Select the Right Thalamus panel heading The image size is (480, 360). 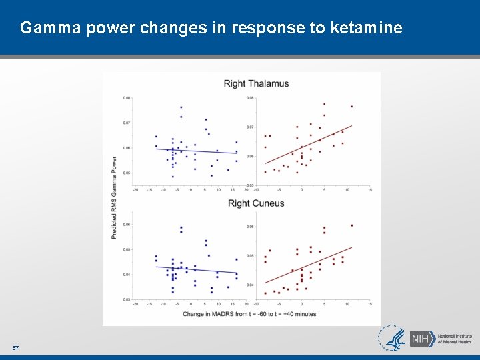(256, 83)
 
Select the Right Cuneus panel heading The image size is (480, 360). (256, 203)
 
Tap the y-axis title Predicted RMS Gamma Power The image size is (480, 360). (114, 198)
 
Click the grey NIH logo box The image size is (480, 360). (421, 339)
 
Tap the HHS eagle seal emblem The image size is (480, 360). (393, 338)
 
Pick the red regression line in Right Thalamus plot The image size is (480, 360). (308, 145)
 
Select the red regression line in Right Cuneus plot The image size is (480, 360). (308, 265)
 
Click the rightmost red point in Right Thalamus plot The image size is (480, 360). (351, 106)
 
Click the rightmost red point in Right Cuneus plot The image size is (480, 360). (351, 225)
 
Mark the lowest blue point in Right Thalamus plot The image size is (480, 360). (173, 177)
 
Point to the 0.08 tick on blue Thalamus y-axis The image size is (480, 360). (127, 98)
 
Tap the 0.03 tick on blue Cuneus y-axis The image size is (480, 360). (127, 299)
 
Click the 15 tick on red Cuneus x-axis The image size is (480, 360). (369, 304)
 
